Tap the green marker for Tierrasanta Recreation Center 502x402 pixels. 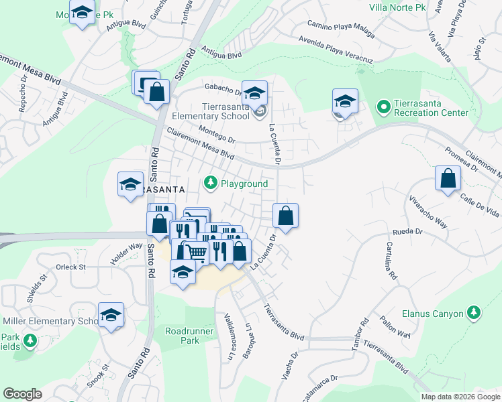tap(384, 107)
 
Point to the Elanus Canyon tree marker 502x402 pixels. tap(474, 313)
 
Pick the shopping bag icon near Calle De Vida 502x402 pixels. tap(448, 179)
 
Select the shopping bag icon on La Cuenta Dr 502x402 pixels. tap(285, 216)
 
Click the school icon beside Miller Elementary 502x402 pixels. tap(111, 315)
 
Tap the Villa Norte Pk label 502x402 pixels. tap(398, 8)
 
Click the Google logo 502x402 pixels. tap(22, 394)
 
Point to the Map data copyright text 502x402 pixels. tap(461, 397)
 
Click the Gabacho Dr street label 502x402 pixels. tap(223, 90)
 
